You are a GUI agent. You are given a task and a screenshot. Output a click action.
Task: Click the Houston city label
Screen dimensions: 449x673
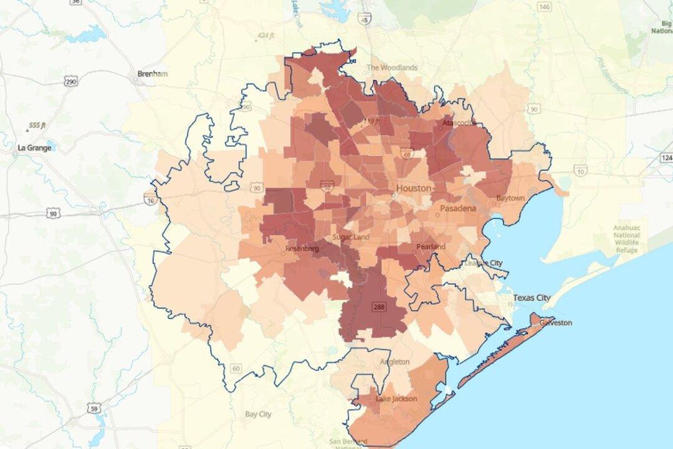point(414,188)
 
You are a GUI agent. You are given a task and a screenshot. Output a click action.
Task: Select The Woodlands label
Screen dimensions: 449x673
point(391,67)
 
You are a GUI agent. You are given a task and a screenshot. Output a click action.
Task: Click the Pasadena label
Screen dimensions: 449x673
point(458,208)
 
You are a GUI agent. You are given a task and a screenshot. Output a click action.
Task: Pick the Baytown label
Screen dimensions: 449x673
point(510,198)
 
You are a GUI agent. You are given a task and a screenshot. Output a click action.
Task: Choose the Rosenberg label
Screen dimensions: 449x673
point(302,249)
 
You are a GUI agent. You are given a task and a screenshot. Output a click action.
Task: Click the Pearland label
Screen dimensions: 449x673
point(431,247)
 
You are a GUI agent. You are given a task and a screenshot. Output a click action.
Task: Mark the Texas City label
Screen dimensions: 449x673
point(532,298)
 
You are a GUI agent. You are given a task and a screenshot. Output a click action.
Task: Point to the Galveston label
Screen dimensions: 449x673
point(555,322)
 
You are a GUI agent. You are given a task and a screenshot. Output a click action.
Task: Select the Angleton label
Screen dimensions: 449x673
point(395,362)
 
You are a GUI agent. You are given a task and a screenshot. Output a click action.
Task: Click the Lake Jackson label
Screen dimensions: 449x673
point(396,398)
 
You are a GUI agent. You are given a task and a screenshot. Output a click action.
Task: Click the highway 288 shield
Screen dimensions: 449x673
point(378,306)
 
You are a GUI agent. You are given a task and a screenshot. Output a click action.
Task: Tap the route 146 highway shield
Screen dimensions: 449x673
point(544,6)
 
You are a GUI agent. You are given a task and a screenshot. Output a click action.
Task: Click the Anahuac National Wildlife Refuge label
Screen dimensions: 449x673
point(626,239)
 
